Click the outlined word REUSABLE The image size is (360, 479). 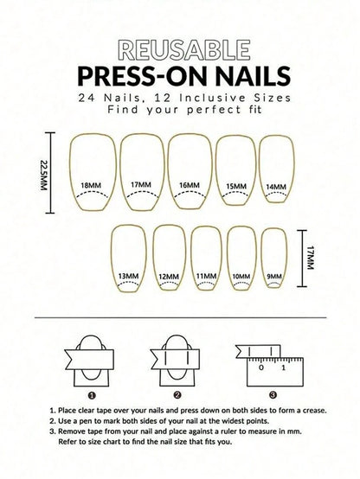184,50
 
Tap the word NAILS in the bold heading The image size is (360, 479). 253,76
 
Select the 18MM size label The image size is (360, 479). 91,185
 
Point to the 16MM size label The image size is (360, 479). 190,185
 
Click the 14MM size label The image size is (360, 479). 276,187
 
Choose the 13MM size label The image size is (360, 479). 128,276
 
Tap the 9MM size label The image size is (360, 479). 274,277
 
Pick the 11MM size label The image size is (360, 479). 206,276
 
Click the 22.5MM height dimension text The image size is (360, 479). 44,176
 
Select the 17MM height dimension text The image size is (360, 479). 310,258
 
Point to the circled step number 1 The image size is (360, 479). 93,395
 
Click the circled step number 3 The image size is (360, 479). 273,395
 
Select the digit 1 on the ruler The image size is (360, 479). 283,367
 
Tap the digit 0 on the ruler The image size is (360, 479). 260,367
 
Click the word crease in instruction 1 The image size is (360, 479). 314,411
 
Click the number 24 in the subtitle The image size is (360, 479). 86,98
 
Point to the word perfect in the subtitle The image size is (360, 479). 214,109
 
